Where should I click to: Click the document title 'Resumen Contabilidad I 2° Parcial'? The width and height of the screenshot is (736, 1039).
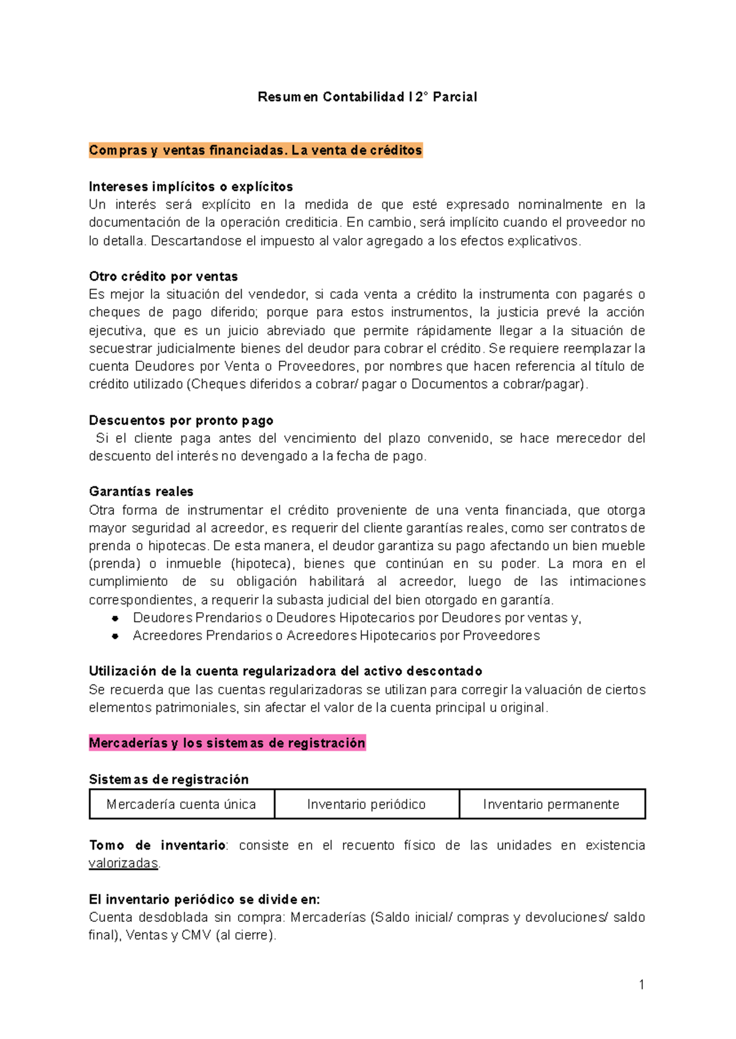(367, 97)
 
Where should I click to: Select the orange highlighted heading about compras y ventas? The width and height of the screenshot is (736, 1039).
(255, 150)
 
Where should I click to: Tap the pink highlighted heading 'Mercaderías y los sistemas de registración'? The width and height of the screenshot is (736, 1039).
(227, 743)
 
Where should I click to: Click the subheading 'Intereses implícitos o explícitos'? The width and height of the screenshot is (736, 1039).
(191, 186)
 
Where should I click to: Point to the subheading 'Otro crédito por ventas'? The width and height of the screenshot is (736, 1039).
(163, 276)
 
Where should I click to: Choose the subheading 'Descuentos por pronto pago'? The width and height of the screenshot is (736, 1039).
(181, 420)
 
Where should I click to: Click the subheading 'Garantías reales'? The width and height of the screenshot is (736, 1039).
(141, 491)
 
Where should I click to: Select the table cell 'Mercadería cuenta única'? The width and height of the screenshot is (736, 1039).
(182, 804)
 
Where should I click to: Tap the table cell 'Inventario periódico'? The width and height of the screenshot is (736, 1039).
(366, 804)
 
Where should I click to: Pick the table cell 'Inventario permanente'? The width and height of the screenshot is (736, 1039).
(551, 804)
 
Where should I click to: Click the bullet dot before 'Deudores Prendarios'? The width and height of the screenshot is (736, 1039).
(115, 618)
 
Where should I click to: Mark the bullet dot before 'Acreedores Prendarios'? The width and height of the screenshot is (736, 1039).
(115, 636)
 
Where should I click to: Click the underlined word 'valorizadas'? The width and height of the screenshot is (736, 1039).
(123, 863)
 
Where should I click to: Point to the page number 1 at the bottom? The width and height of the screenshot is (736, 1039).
(642, 985)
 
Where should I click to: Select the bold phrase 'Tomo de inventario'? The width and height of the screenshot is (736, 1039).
(157, 845)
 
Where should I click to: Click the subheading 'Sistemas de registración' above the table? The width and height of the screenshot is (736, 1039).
(169, 779)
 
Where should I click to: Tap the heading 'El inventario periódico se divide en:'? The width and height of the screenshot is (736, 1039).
(204, 899)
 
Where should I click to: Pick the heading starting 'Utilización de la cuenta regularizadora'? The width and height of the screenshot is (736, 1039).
(285, 671)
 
